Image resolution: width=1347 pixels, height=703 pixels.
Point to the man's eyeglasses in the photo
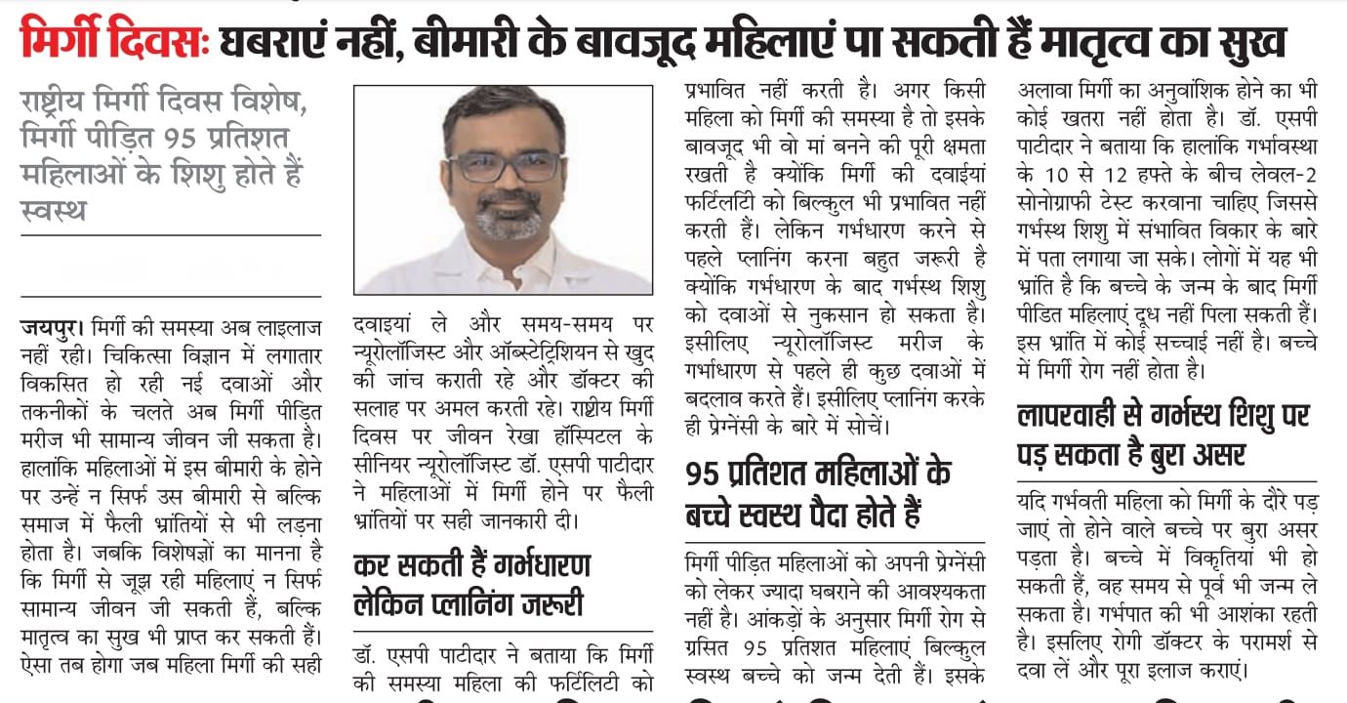point(504,165)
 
